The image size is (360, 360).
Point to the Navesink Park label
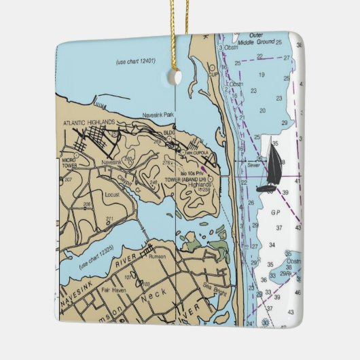coord(158,115)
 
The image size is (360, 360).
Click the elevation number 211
coord(109,219)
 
